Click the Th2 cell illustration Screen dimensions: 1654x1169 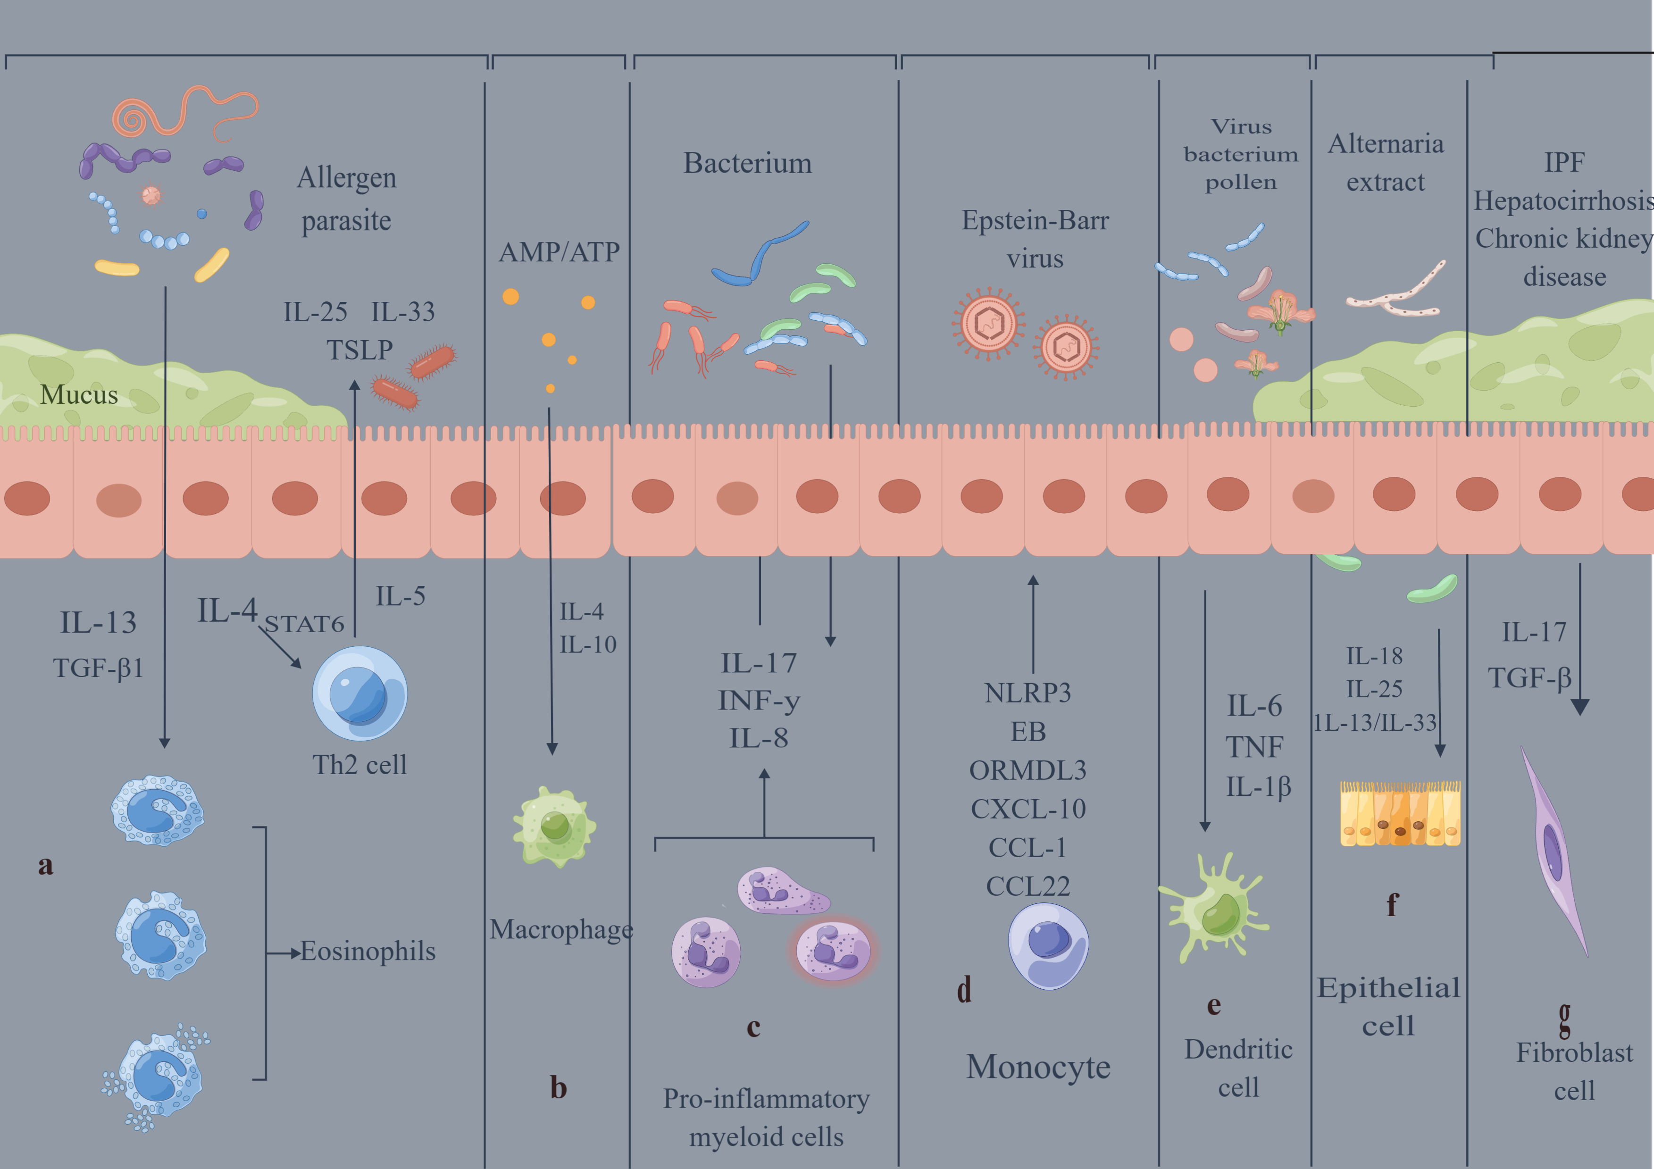[x=359, y=693]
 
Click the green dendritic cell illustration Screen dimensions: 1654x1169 [x=1214, y=908]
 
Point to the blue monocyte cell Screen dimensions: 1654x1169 [x=1048, y=946]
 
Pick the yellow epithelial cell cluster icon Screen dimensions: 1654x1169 [x=1400, y=813]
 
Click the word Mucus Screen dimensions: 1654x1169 [x=79, y=395]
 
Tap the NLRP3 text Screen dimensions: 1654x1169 [x=1028, y=693]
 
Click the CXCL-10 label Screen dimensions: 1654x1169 [x=1028, y=809]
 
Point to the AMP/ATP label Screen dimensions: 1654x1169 [x=559, y=252]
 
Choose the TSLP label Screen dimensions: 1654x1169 [x=359, y=350]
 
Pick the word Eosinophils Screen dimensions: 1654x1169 [x=368, y=952]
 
